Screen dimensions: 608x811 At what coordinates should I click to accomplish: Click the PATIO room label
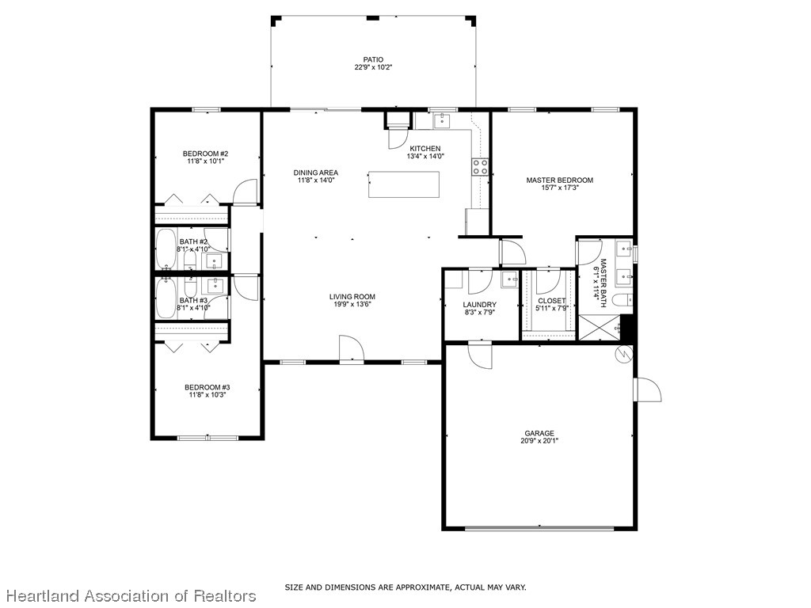point(373,59)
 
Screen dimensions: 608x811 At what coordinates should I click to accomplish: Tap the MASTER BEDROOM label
point(559,180)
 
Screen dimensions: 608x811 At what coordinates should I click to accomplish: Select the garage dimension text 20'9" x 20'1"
point(539,442)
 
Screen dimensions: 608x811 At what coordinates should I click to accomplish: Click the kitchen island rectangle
point(403,184)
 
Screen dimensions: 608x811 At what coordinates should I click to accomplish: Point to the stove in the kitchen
point(480,166)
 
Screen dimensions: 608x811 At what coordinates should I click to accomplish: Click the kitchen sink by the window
point(442,120)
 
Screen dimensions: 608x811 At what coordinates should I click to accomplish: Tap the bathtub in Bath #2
point(166,249)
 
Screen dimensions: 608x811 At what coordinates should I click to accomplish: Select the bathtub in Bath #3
point(166,297)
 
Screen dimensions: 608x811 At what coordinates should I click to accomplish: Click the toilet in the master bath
point(623,299)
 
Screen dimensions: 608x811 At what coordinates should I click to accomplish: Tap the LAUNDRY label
point(479,305)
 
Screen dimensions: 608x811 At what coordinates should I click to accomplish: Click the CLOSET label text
point(551,301)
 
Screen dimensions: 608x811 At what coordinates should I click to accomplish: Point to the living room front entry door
point(350,348)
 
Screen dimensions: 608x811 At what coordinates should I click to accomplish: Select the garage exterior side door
point(647,390)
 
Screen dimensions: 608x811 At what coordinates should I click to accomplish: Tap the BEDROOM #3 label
point(207,387)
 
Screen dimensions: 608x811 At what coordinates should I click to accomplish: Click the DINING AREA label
point(316,173)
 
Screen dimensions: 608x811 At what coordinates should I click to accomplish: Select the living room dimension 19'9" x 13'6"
point(352,306)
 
